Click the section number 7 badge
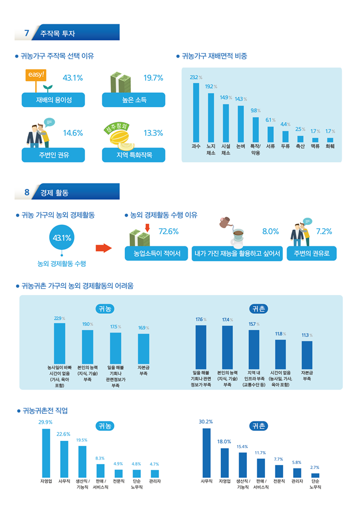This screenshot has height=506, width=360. (x=26, y=33)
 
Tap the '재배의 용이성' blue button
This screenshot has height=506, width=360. (x=54, y=100)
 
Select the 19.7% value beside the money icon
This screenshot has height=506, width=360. (x=153, y=78)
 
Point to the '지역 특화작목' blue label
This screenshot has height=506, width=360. (x=133, y=155)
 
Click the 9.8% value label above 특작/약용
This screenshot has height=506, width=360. (x=255, y=110)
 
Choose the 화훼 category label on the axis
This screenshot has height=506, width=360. (x=330, y=147)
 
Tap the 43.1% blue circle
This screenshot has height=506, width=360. (x=61, y=238)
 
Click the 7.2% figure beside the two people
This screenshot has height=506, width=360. (x=324, y=231)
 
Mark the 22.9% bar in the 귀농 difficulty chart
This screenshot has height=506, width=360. (x=59, y=342)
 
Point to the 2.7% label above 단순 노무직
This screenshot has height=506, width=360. (x=315, y=467)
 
